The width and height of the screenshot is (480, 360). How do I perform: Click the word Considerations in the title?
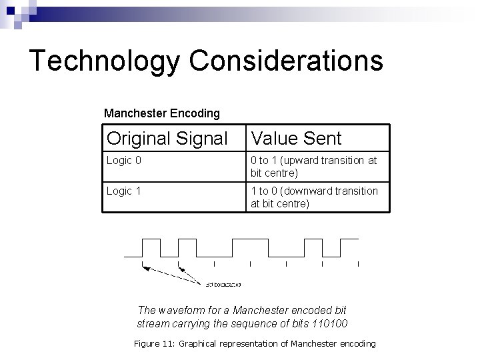click(286, 61)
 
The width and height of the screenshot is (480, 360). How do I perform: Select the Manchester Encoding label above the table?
click(161, 113)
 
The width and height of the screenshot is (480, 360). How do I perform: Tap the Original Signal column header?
click(167, 139)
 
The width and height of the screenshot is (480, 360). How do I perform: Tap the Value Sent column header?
click(295, 139)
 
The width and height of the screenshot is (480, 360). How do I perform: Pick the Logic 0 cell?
click(124, 161)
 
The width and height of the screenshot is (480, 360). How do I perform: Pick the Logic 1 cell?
click(124, 191)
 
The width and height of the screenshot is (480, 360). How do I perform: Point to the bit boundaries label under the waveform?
click(223, 284)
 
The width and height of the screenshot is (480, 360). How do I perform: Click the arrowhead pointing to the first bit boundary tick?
click(144, 267)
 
